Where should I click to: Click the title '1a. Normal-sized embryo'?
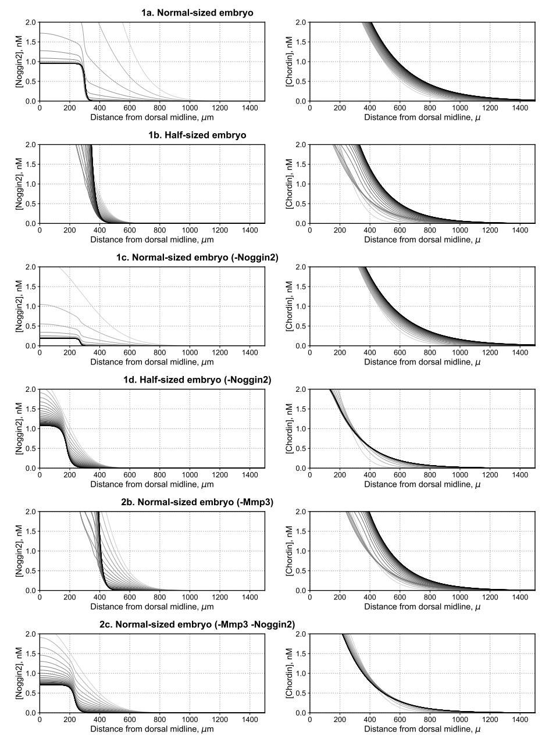click(197, 12)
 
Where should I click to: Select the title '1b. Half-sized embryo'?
click(197, 135)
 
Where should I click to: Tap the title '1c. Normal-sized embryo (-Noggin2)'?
click(197, 257)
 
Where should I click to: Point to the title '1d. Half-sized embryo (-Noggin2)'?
click(197, 380)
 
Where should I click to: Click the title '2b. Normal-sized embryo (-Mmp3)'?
click(197, 502)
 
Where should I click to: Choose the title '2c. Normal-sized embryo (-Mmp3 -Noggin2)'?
click(197, 624)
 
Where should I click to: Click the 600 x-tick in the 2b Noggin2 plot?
click(130, 597)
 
